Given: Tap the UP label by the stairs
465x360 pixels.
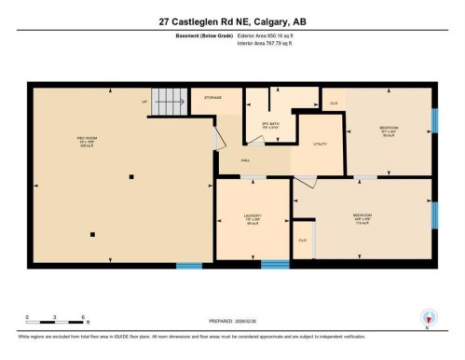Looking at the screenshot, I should click(144, 101).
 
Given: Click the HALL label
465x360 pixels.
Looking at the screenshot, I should click(245, 160).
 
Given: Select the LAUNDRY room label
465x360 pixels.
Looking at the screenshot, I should click(253, 218).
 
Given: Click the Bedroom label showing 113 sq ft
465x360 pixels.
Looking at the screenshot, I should click(362, 218).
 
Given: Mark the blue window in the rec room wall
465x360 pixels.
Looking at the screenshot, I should click(189, 266).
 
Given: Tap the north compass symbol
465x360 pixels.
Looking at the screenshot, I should click(428, 316).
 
